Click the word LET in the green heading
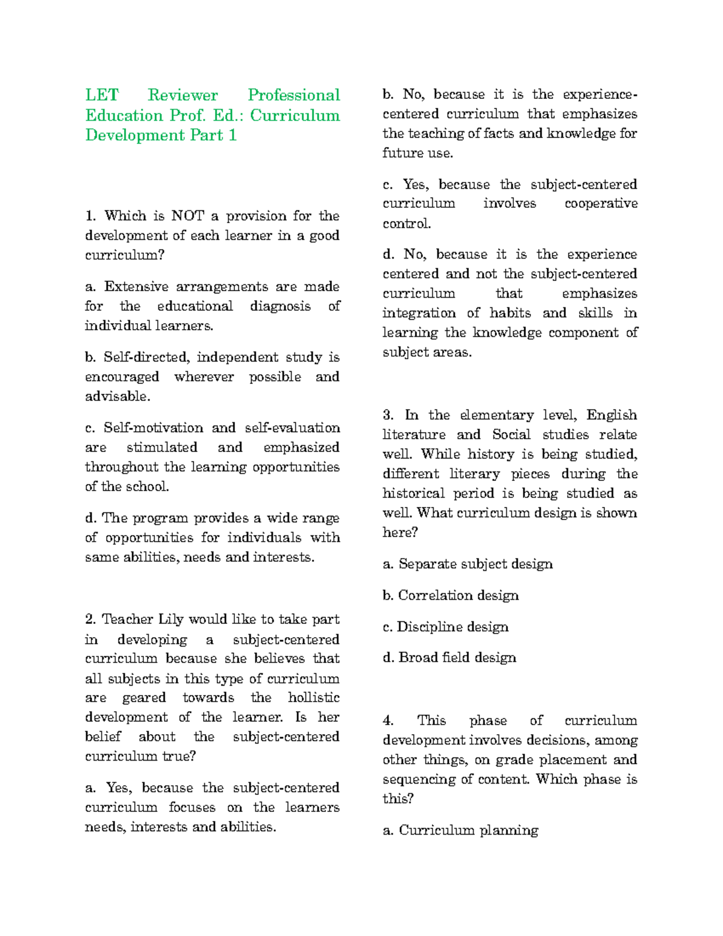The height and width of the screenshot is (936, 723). point(102,95)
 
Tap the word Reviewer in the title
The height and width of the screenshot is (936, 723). point(183,95)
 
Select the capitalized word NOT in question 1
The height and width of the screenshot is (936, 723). point(187,216)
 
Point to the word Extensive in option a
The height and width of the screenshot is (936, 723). point(136,286)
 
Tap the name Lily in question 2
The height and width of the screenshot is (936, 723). point(171,620)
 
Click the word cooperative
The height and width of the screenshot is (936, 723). point(601,204)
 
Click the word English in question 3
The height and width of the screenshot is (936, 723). point(612,415)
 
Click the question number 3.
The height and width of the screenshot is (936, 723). point(388,415)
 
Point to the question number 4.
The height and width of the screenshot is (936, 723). point(388,721)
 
